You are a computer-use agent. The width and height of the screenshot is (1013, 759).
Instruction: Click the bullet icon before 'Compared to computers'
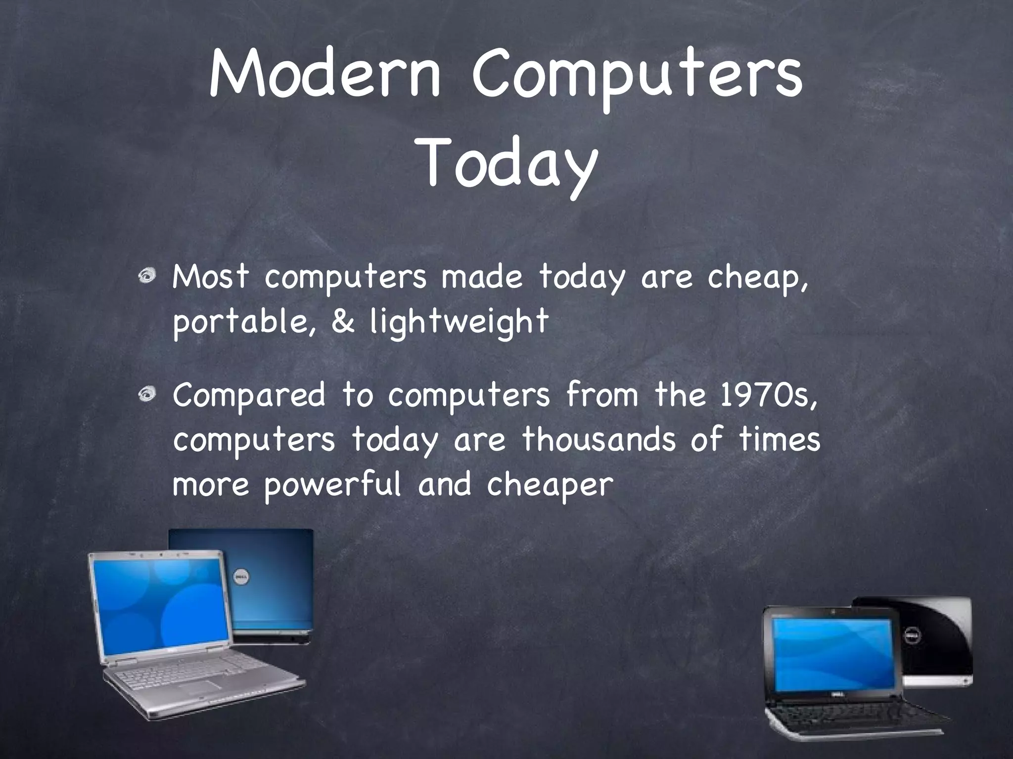click(x=147, y=394)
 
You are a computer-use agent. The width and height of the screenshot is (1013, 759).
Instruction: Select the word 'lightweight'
click(x=459, y=322)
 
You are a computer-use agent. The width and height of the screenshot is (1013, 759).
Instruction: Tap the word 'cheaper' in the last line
click(x=550, y=485)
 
